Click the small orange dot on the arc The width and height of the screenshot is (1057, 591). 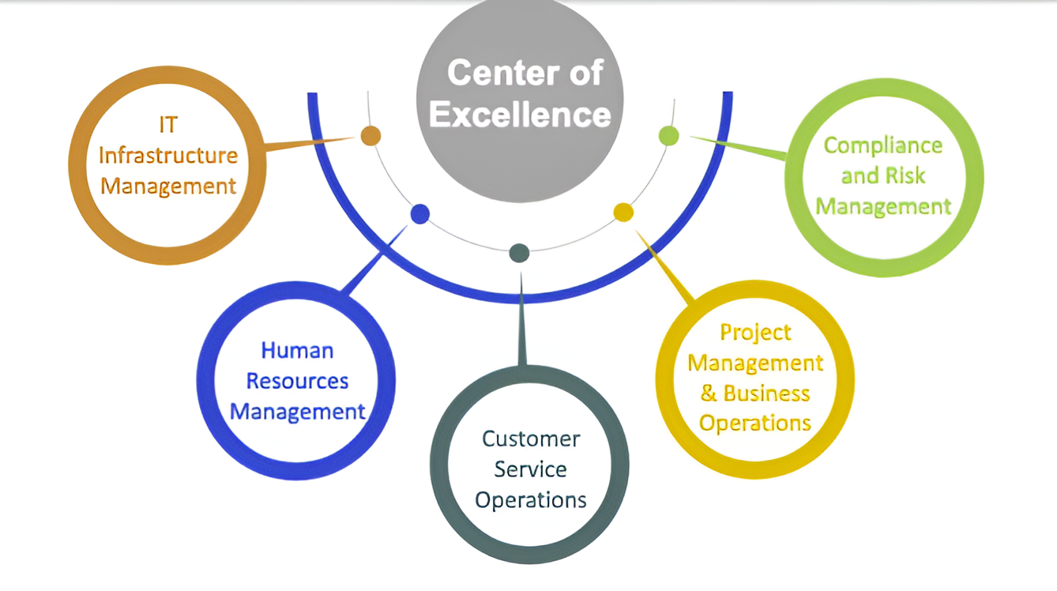coord(371,136)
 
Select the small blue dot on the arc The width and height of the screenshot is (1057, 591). coord(420,213)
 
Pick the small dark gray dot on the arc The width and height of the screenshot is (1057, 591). coord(519,253)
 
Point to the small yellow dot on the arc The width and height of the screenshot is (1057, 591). coord(623,212)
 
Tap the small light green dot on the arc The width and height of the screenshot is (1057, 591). coord(668,135)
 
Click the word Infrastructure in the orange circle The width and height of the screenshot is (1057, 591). coord(167,155)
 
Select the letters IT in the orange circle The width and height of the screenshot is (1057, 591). coord(167,125)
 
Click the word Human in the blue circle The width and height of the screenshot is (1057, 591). coord(297,350)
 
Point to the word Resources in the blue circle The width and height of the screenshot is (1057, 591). coord(297,381)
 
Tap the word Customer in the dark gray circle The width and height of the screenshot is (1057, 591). coord(531,439)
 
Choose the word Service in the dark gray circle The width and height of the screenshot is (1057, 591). coord(531,469)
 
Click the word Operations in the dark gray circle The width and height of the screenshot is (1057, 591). coord(531,500)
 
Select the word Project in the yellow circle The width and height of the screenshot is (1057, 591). coord(755,333)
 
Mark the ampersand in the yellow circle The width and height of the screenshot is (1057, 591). coord(709,393)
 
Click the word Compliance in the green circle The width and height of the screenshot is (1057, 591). coord(883,145)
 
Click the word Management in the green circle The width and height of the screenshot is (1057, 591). coord(883,207)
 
